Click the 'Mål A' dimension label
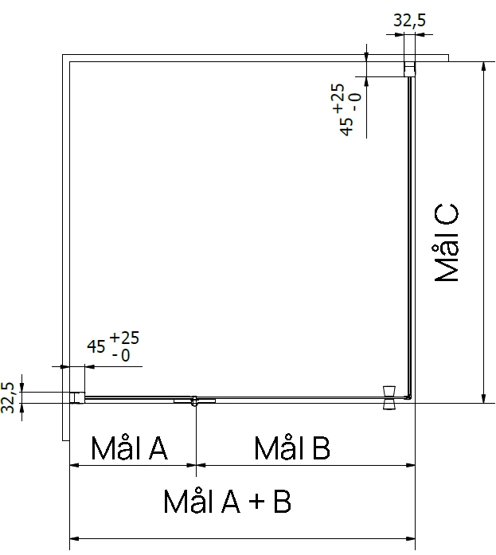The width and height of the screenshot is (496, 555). pos(129,448)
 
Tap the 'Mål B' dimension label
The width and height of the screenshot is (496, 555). pos(292,448)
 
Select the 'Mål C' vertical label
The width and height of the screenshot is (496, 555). pos(446,243)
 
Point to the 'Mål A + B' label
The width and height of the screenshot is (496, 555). pos(227,501)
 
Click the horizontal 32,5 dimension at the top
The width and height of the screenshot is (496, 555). pos(410,20)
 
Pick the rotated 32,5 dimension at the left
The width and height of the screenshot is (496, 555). pos(8,397)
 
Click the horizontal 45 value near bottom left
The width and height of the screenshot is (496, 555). pos(96,346)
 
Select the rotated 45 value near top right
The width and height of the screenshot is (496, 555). pos(346,127)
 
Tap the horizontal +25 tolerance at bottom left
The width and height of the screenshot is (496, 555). pos(124,338)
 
